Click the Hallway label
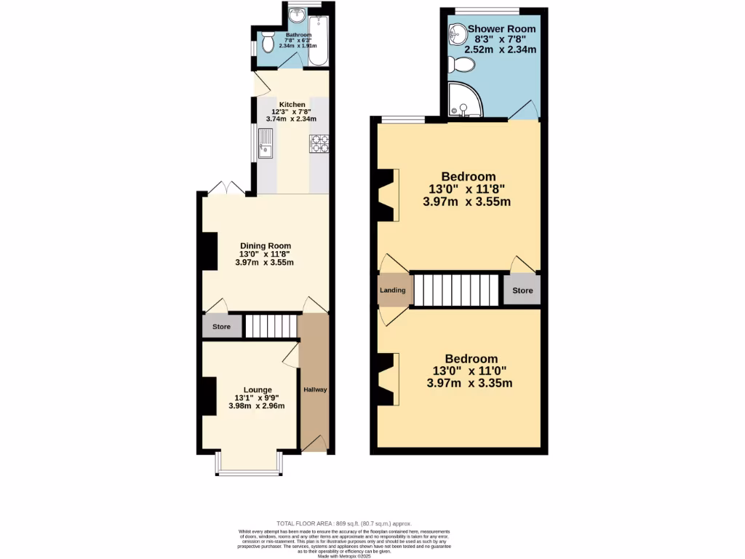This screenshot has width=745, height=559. [x=315, y=389]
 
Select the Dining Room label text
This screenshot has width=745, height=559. [x=266, y=245]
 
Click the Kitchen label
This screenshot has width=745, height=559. [x=292, y=105]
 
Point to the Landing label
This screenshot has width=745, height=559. [x=393, y=290]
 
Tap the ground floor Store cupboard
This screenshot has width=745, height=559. [x=221, y=327]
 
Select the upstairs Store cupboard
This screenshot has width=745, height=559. [x=522, y=290]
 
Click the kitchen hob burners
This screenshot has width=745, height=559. [x=319, y=144]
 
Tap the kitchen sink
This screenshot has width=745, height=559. [x=265, y=144]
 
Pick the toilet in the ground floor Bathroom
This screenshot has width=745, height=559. [x=266, y=43]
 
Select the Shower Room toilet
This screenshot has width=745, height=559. [x=463, y=66]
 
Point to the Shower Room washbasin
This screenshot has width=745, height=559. [x=458, y=32]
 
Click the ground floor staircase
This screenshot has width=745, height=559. [x=271, y=326]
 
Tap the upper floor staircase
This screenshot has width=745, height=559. [x=457, y=290]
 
